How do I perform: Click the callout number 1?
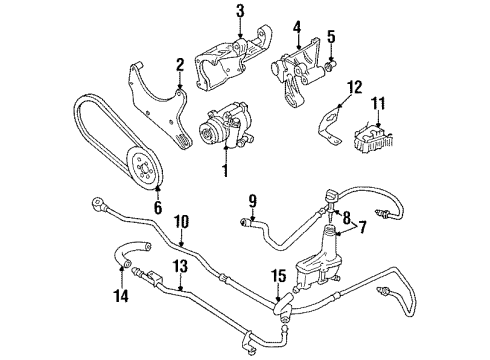coord(226,170)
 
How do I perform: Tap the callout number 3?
coord(240,11)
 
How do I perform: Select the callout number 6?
coord(158,207)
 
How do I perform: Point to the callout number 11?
coord(378,103)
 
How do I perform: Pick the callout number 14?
coord(121,295)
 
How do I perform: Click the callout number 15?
coord(279,276)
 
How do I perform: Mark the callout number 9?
coord(252,201)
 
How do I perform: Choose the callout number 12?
coord(354,87)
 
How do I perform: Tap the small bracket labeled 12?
coord(328,125)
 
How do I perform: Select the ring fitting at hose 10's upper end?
coord(98,203)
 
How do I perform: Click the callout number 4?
coord(297,28)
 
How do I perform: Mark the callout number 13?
coord(180,267)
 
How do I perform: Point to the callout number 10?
coord(181,222)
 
